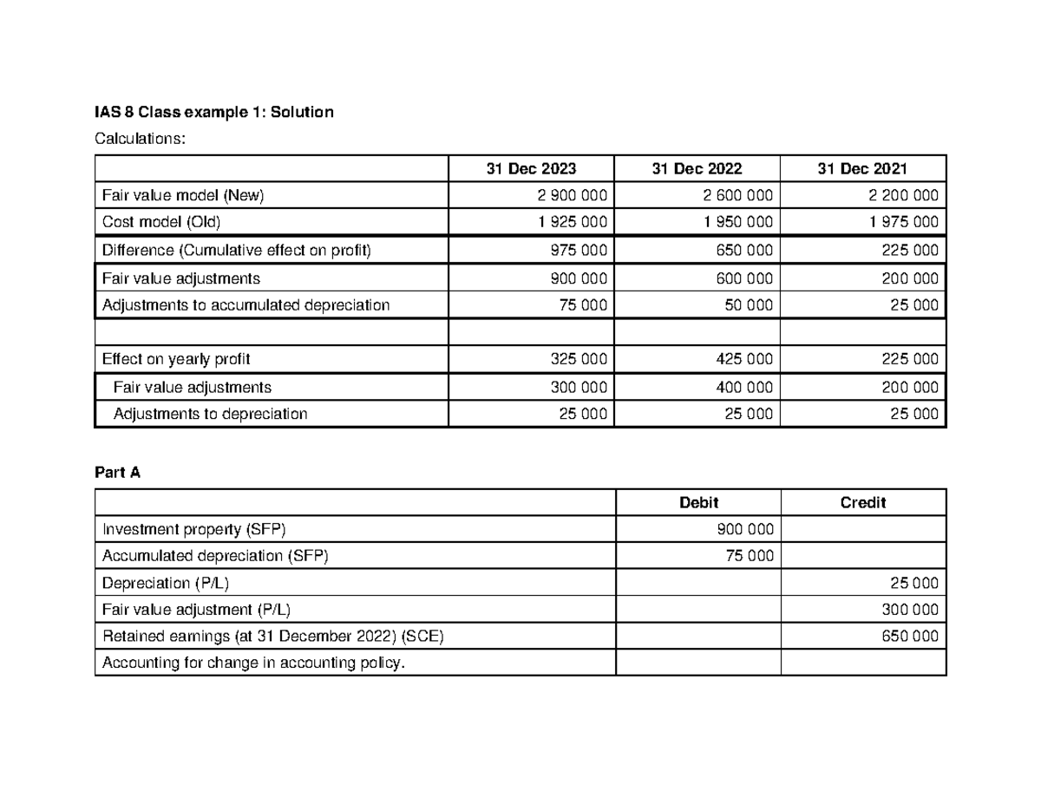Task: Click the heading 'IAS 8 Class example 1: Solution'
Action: [x=213, y=113]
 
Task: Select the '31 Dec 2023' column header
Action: [x=531, y=169]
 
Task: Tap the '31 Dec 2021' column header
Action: [x=862, y=169]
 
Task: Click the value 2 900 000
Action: [x=572, y=196]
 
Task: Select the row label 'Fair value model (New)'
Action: [x=183, y=196]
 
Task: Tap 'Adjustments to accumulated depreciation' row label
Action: [x=246, y=305]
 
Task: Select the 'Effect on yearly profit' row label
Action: [x=177, y=359]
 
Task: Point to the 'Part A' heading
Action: [x=117, y=473]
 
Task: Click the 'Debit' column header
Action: [x=698, y=503]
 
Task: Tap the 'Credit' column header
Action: [x=862, y=503]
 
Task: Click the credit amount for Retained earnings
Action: [x=910, y=637]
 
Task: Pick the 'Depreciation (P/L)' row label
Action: [x=166, y=584]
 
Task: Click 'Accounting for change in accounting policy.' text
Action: [x=253, y=663]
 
